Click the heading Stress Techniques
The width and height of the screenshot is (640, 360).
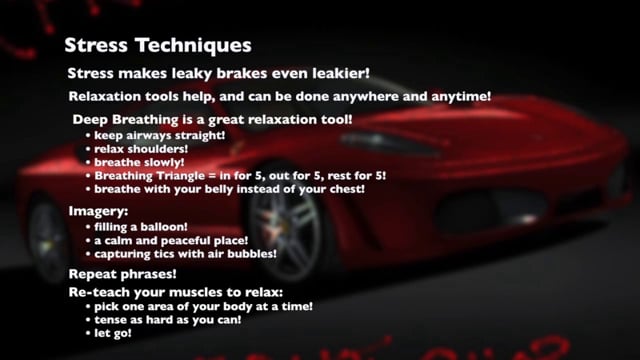(x=157, y=45)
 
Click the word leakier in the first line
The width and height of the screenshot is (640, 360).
(x=333, y=73)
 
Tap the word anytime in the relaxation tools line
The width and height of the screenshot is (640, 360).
(x=459, y=97)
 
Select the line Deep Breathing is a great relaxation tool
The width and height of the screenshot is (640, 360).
(x=212, y=120)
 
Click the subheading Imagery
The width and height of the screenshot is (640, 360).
(x=98, y=212)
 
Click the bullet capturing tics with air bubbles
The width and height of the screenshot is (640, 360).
(x=185, y=254)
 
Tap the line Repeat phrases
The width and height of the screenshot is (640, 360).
(x=122, y=273)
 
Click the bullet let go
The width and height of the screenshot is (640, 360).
(x=113, y=333)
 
